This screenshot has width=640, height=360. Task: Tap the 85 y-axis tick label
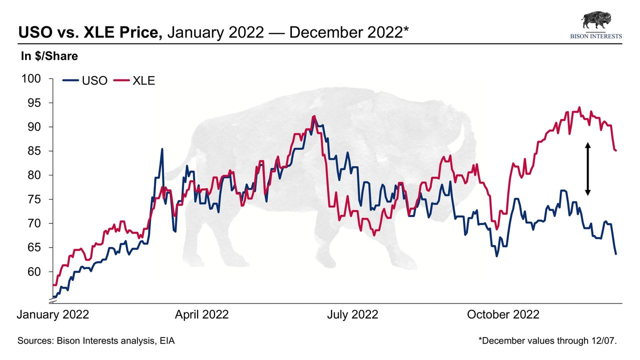[x=35, y=151]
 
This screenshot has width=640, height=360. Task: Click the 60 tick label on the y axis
[x=35, y=271]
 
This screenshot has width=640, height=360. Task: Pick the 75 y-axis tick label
[x=35, y=199]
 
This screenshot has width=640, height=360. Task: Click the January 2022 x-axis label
[x=53, y=314]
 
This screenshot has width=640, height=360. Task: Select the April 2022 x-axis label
[x=201, y=314]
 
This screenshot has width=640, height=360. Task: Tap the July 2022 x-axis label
[x=352, y=314]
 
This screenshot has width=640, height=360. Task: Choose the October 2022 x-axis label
[x=503, y=314]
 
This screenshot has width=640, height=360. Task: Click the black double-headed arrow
[x=588, y=169]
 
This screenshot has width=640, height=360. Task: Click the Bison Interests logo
[x=596, y=25]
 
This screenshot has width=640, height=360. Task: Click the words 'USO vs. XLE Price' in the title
[x=90, y=33]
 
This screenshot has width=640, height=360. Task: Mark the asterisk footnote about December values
[x=548, y=341]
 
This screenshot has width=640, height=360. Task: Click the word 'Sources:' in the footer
[x=35, y=341]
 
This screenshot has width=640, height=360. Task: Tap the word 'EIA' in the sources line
[x=167, y=341]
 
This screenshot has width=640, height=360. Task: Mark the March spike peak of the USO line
[x=162, y=149]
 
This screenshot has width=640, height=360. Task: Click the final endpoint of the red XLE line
[x=616, y=150]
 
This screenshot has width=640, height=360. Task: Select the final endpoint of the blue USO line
[x=616, y=254]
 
